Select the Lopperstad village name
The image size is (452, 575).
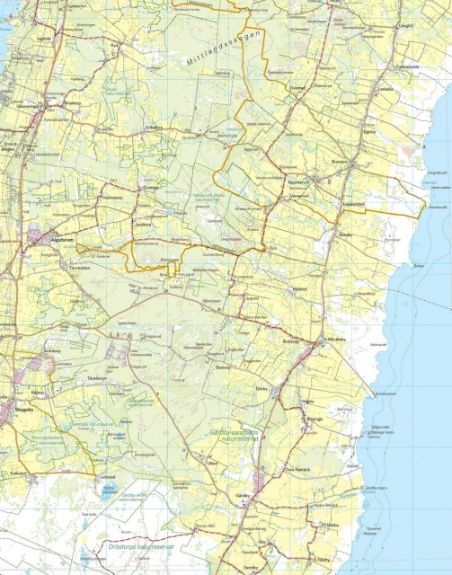(354, 205)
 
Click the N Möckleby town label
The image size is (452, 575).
(334, 339)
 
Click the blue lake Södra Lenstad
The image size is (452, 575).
(110, 491)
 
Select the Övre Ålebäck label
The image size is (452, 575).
(298, 470)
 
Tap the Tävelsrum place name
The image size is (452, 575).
(96, 378)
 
